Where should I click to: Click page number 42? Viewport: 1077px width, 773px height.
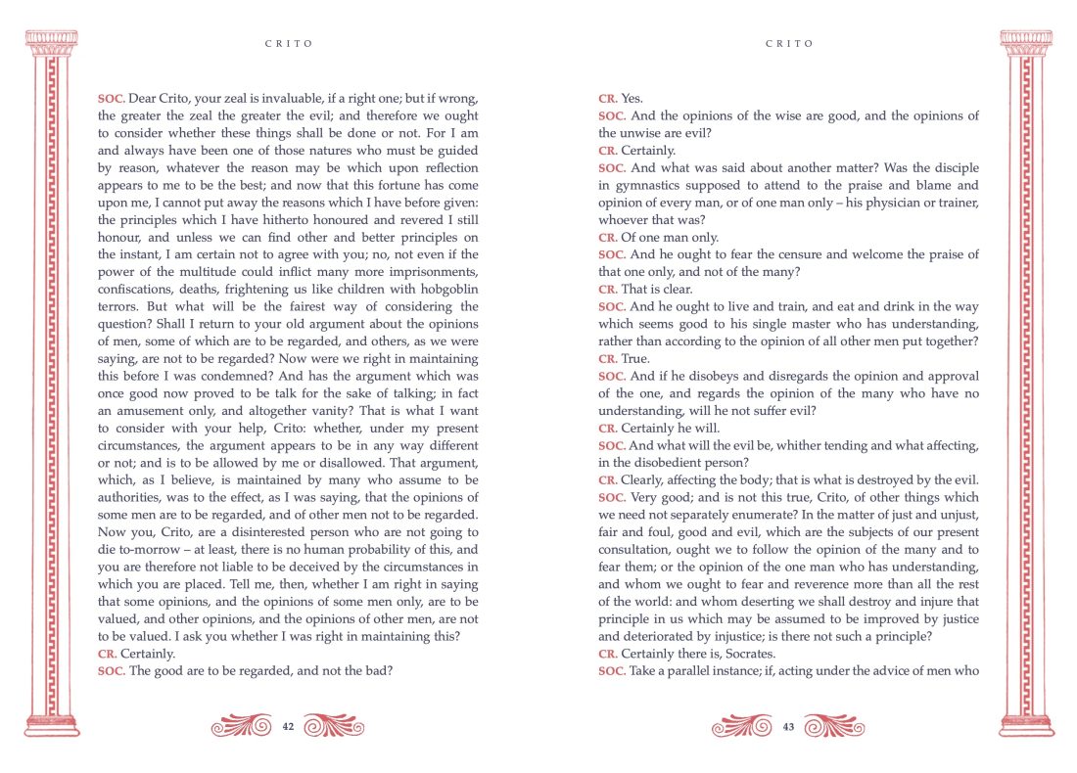coord(288,726)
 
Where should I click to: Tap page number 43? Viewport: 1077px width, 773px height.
coord(788,726)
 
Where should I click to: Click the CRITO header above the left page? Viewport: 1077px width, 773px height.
coord(289,44)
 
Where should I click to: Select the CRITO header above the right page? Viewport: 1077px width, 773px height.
coord(789,44)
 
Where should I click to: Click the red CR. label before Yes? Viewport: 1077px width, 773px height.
coord(608,99)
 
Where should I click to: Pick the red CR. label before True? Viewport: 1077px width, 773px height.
coord(608,358)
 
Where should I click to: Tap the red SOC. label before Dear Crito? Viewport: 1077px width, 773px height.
coord(111,99)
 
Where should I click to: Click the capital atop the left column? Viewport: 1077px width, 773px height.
coord(50,42)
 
